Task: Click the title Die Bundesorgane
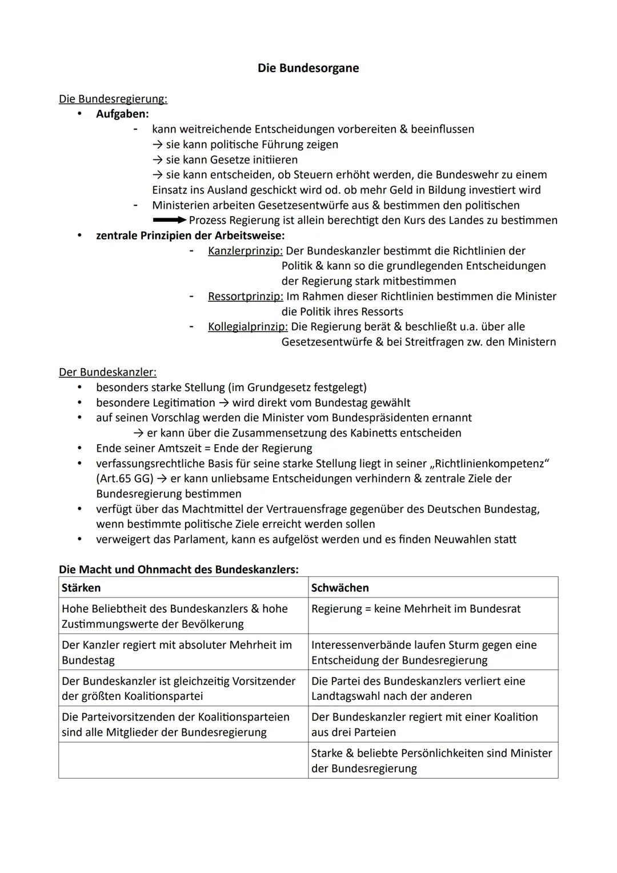coord(308,68)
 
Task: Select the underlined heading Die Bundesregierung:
coord(113,99)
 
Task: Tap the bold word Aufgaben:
coord(122,114)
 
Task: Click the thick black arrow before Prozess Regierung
coord(170,220)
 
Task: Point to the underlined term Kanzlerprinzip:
coord(245,250)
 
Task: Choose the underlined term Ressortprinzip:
coord(245,296)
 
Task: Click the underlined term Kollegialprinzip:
coord(247,326)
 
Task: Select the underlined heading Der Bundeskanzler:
coord(107,372)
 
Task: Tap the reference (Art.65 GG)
coord(125,479)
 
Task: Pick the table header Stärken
coord(81,588)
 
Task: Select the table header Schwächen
coord(340,588)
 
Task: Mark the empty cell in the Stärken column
coord(183,760)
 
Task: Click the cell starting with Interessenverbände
coord(432,652)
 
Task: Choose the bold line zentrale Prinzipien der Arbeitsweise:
coord(190,236)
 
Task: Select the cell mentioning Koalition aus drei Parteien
coord(432,724)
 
